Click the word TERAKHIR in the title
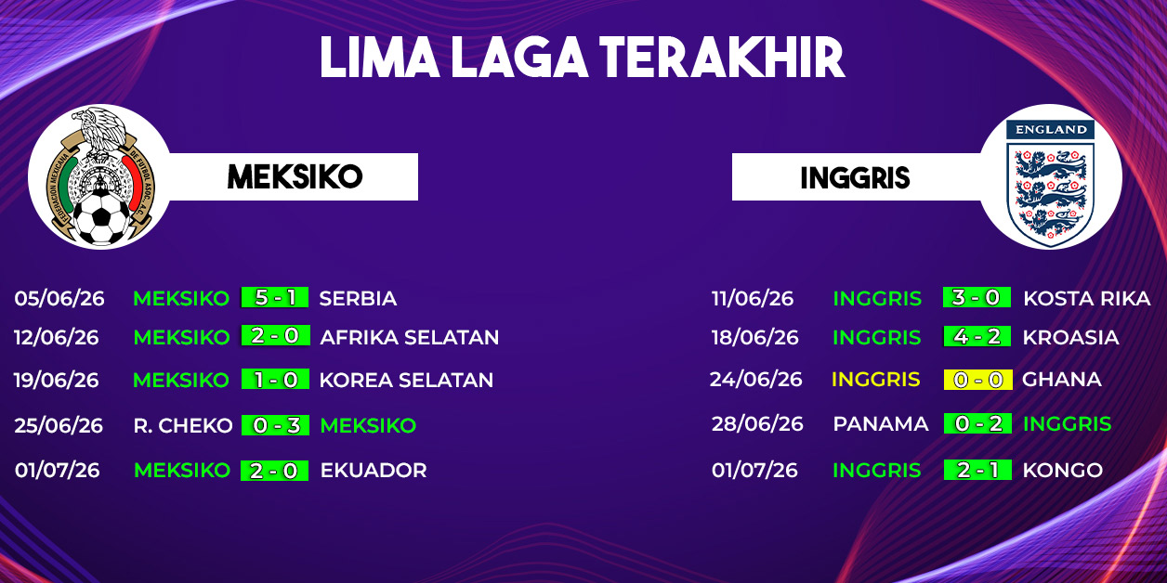coord(722,58)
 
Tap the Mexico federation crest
coord(100,176)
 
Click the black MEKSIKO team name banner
coord(295,176)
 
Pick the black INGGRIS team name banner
coord(855,177)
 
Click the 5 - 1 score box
coord(275,297)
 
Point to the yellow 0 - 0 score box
coord(977,380)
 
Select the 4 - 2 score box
coord(977,336)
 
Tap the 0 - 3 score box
coord(276,425)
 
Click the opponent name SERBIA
coord(358,299)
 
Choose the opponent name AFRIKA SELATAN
coord(410,337)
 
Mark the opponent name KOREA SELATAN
coord(406,380)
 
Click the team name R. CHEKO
coord(183,426)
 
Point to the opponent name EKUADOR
coord(374,471)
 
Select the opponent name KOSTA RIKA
coord(1087,298)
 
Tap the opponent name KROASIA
coord(1070,337)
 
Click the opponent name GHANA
coord(1062,380)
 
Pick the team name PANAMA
coord(881,424)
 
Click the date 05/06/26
coord(59,299)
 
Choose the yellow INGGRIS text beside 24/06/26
coord(876,380)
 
